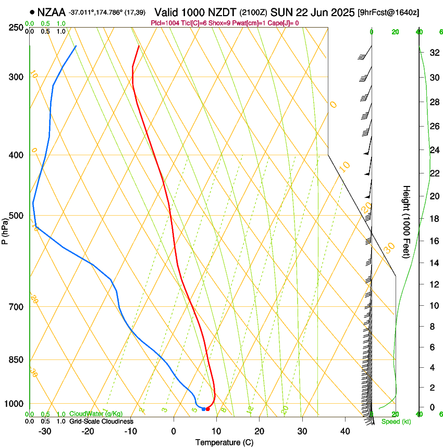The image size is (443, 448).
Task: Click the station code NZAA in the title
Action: pos(52,11)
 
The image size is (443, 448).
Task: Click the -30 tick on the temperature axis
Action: pos(45,431)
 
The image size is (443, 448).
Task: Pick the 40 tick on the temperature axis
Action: pos(344,431)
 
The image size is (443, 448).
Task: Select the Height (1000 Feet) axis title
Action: pos(407,221)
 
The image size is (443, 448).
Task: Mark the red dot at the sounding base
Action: pos(207,409)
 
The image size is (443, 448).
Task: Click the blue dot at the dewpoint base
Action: pos(203,409)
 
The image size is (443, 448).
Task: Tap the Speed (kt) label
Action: pos(396,421)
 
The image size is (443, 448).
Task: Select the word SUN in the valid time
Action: pos(281,11)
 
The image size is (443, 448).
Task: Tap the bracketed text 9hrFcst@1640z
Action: pos(388,12)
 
